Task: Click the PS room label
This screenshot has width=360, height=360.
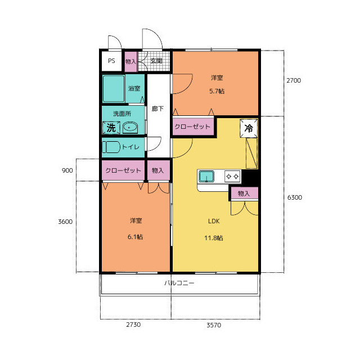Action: click(111, 61)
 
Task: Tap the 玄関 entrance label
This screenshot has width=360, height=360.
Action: click(156, 61)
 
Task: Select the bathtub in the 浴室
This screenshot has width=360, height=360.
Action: click(114, 89)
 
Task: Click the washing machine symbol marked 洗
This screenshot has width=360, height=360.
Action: click(111, 128)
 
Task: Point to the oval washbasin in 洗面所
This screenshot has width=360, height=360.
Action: click(130, 128)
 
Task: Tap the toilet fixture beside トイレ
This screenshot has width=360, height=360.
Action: click(111, 147)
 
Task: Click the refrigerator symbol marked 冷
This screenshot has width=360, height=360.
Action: click(249, 128)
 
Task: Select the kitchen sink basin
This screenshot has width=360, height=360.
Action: click(206, 176)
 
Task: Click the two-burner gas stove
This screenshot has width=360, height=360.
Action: click(232, 176)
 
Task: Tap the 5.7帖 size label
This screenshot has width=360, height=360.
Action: click(217, 91)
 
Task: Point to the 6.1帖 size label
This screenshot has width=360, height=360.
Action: click(135, 237)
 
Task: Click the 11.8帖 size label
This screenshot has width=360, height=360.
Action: click(214, 238)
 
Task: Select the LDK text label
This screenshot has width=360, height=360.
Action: click(214, 221)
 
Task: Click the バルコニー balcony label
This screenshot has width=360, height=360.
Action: click(179, 283)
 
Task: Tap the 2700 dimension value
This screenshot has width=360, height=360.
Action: click(294, 80)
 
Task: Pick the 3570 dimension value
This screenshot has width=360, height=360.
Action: click(214, 325)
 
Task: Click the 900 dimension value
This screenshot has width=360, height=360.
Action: click(67, 170)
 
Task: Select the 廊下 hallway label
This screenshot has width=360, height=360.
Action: click(157, 109)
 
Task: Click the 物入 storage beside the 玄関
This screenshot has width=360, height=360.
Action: click(130, 61)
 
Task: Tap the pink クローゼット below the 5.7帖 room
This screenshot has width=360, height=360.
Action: click(193, 127)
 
